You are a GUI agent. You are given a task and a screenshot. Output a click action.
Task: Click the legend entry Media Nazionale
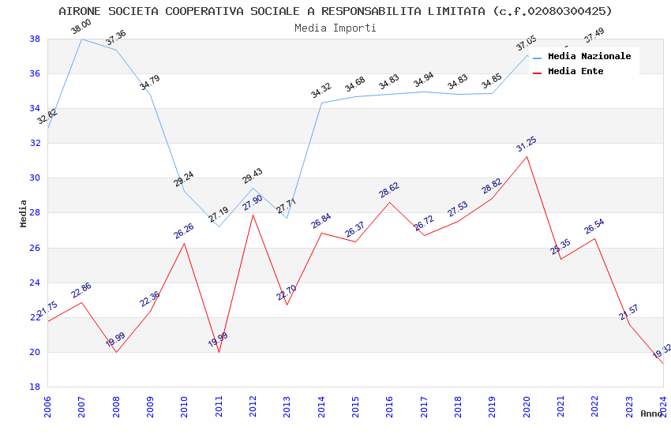[x=589, y=57]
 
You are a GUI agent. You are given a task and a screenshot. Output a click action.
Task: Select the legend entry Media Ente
[x=575, y=72]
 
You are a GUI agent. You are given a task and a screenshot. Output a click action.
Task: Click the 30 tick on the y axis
[x=35, y=178]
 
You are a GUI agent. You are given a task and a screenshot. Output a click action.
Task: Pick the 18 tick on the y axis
[x=35, y=387]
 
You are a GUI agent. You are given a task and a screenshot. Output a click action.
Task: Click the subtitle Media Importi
[x=335, y=28]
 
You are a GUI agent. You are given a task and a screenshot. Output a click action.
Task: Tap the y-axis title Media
[x=24, y=213]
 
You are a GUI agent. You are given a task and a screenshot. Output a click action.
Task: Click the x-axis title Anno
[x=651, y=413]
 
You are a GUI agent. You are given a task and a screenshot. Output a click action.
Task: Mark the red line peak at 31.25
[x=527, y=156]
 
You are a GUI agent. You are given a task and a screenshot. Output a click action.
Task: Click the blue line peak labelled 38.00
[x=82, y=39]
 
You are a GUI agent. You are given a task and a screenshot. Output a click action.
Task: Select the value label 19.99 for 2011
[x=218, y=341]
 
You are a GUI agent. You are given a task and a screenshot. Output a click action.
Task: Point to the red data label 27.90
[x=252, y=203]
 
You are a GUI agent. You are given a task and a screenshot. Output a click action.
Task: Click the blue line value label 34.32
[x=321, y=91]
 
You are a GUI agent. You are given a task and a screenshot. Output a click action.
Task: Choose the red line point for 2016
[x=389, y=202]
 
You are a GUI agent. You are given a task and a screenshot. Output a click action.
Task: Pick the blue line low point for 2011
[x=219, y=226]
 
